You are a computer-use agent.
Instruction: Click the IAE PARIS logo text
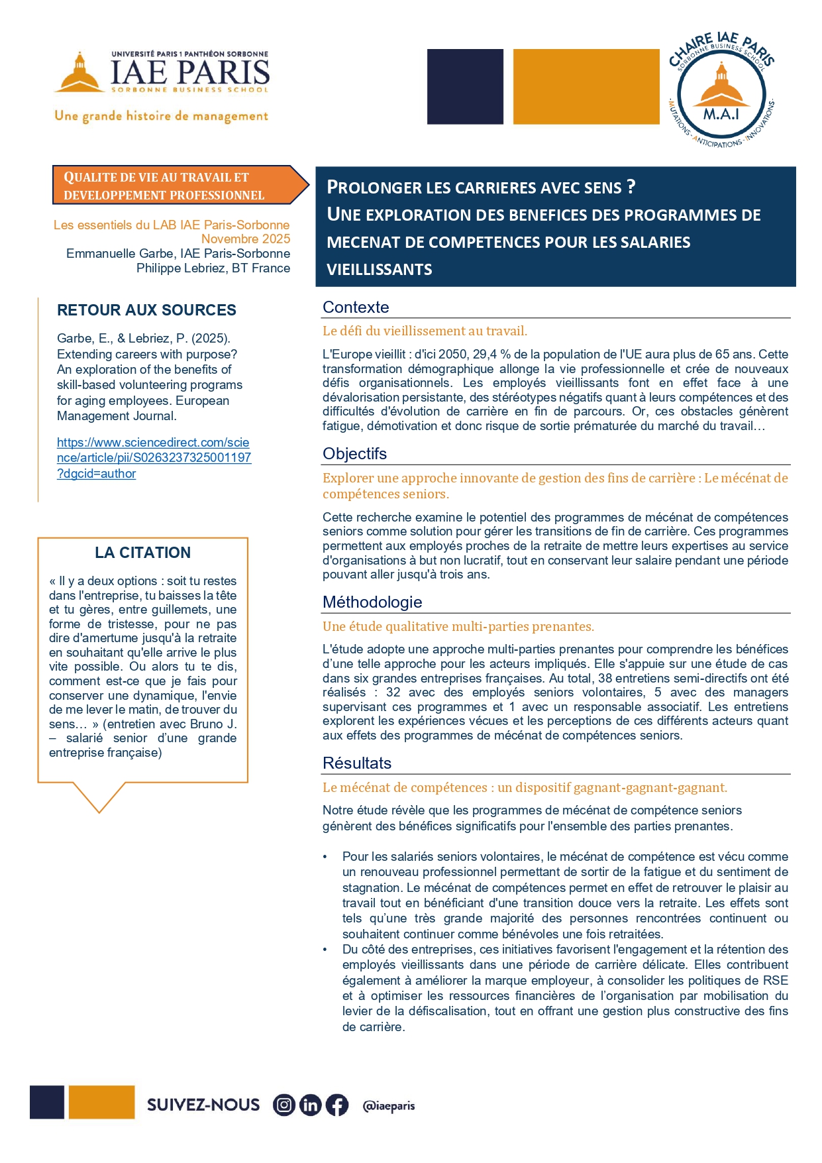pyautogui.click(x=189, y=72)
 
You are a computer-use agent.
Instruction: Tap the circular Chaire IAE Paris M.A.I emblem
pyautogui.click(x=721, y=91)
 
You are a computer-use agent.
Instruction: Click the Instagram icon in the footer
pyautogui.click(x=284, y=1105)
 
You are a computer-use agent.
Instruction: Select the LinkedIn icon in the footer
pyautogui.click(x=310, y=1105)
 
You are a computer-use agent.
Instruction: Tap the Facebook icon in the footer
pyautogui.click(x=336, y=1105)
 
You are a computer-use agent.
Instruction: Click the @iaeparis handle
pyautogui.click(x=389, y=1105)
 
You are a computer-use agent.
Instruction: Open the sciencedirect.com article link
pyautogui.click(x=154, y=457)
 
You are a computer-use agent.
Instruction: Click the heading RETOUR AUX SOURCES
pyautogui.click(x=146, y=310)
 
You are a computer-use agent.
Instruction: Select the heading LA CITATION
pyautogui.click(x=142, y=553)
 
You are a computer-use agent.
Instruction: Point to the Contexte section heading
pyautogui.click(x=356, y=307)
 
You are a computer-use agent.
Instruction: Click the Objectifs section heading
pyautogui.click(x=354, y=454)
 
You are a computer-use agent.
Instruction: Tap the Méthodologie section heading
pyautogui.click(x=372, y=602)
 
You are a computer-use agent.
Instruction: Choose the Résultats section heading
pyautogui.click(x=357, y=763)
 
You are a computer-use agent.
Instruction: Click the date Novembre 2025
pyautogui.click(x=246, y=239)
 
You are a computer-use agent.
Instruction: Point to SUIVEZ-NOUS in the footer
pyautogui.click(x=203, y=1105)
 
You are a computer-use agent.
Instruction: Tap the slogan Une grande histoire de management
pyautogui.click(x=162, y=116)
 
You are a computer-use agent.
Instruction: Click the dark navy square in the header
pyautogui.click(x=465, y=86)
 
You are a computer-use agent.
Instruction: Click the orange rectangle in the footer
pyautogui.click(x=101, y=1102)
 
